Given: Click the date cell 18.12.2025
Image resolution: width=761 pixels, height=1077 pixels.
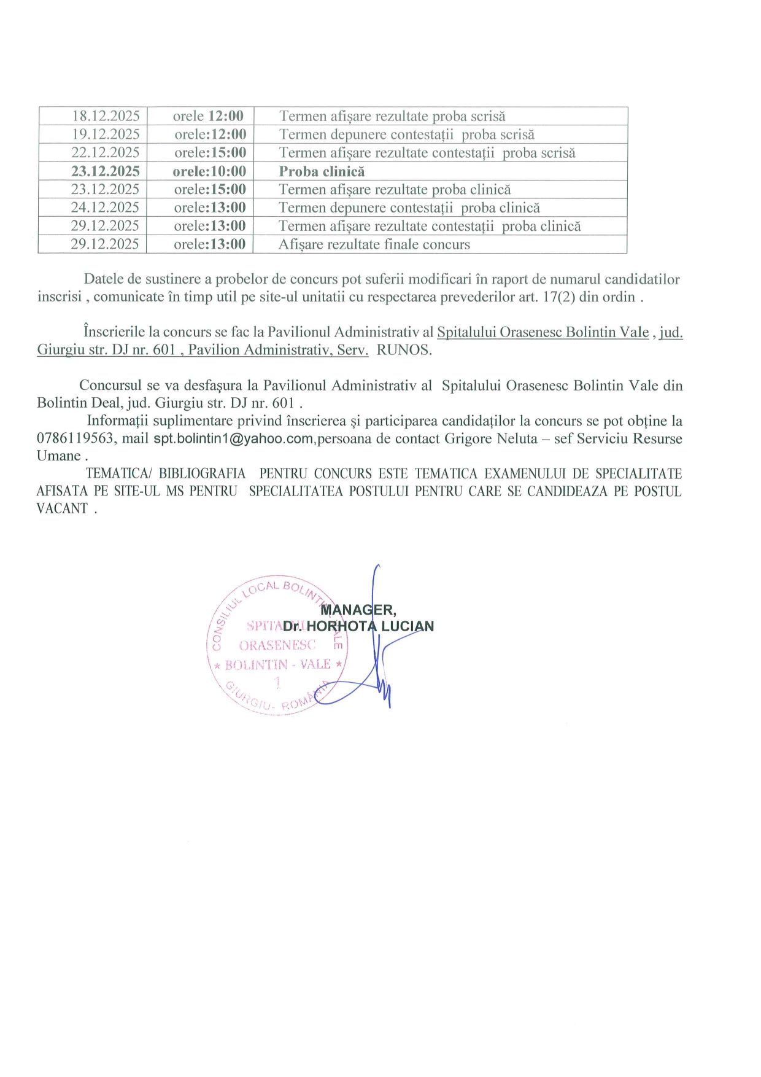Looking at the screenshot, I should coord(106,116).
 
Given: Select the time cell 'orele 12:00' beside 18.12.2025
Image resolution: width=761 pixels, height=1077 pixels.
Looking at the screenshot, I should coord(208,116).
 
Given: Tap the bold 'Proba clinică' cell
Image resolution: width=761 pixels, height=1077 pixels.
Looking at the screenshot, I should coord(322,171).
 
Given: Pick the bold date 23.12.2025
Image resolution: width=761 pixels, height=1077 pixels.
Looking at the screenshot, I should coord(106,171).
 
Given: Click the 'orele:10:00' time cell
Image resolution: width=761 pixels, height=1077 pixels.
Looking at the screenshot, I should coord(209,171).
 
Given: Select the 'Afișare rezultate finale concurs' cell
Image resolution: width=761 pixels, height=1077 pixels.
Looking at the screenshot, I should coord(374,244).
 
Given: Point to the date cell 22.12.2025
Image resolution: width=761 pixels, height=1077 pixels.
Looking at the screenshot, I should coord(106,152).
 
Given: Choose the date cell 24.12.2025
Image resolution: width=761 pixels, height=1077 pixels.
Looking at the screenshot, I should coord(106,208).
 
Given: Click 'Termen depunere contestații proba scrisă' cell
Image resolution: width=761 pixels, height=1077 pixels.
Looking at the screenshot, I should coord(407,134).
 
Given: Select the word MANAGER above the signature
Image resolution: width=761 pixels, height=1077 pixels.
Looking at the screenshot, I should coord(358,610).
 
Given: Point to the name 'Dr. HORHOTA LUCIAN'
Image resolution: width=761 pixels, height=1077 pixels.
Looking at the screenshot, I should coord(358,626).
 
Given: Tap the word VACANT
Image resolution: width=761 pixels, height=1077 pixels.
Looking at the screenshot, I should coord(62,508).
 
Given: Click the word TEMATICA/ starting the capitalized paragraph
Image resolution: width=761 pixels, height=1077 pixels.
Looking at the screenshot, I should coord(118,473).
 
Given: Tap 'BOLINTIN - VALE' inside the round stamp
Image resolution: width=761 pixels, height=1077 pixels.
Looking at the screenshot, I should coord(277,664).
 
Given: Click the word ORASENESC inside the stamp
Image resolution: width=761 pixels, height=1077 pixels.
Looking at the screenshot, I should coord(277,645).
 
